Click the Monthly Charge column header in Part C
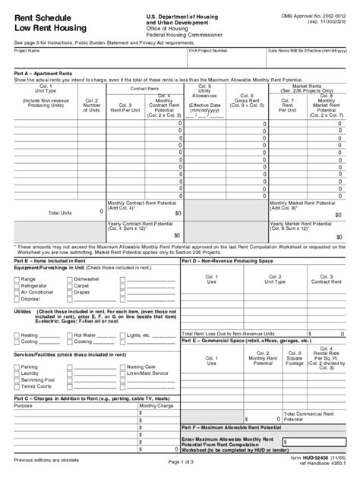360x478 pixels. click(152, 406)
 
